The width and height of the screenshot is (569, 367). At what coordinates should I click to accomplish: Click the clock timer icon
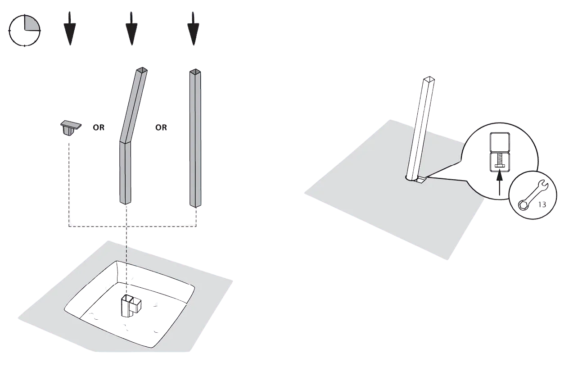coord(25,31)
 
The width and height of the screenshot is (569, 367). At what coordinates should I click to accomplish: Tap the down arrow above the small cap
coord(70,28)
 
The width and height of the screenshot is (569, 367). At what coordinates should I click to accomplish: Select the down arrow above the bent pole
coord(131,28)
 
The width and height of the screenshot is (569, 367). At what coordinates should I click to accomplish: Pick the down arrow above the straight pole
coord(193,28)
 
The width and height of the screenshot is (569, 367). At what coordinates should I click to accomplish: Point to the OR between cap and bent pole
coord(99,127)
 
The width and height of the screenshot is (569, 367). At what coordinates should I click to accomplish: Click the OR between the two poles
coord(161,127)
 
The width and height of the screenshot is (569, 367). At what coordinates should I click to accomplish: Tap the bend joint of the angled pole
coord(125,141)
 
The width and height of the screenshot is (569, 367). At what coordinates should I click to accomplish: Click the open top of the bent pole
coord(142,70)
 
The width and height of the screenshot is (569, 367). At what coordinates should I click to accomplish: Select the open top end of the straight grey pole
coord(195,72)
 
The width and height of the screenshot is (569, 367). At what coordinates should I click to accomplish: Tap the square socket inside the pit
coord(131,305)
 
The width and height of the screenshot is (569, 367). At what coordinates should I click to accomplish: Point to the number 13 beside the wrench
coord(542,204)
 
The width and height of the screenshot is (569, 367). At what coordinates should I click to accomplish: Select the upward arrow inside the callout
coord(500,183)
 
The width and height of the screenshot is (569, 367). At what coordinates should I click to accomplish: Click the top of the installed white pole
coord(429,79)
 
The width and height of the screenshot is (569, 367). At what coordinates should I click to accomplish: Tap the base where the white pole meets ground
coord(415,179)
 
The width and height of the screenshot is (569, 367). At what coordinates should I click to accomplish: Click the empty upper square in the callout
coord(500,142)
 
